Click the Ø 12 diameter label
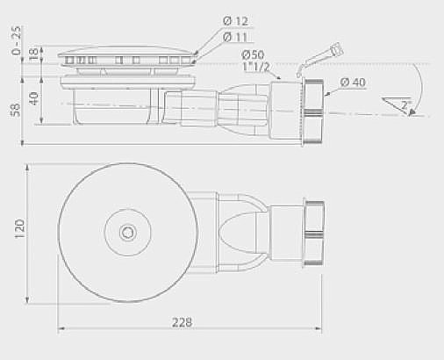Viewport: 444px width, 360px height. click(x=234, y=20)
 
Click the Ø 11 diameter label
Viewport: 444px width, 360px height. click(x=234, y=37)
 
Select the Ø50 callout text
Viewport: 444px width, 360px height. click(x=254, y=54)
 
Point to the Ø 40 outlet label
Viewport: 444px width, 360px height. click(x=352, y=82)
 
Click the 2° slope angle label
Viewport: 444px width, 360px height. click(x=405, y=104)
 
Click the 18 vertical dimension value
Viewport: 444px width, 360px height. click(x=33, y=54)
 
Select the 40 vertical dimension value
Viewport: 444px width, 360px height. click(x=33, y=97)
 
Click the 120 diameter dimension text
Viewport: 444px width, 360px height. click(x=19, y=231)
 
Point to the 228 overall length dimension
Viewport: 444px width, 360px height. click(x=182, y=322)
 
